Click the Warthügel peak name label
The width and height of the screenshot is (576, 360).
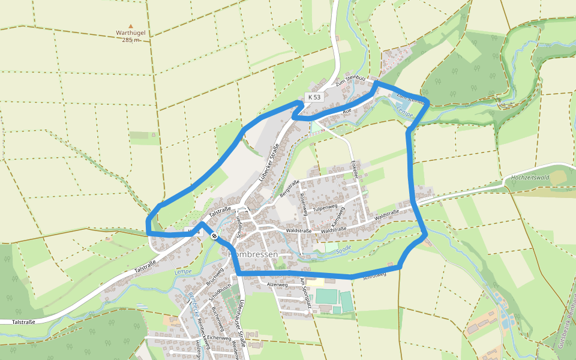pyautogui.click(x=131, y=32)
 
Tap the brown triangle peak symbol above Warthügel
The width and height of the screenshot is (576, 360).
pyautogui.click(x=131, y=25)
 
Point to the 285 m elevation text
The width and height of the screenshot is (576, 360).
pyautogui.click(x=131, y=40)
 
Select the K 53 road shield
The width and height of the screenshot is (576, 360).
pyautogui.click(x=314, y=97)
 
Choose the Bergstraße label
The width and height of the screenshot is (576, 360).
pyautogui.click(x=289, y=188)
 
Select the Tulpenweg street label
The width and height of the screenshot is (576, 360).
pyautogui.click(x=327, y=208)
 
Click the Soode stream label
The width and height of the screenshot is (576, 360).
pyautogui.click(x=343, y=249)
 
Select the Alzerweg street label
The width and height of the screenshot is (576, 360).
pyautogui.click(x=277, y=285)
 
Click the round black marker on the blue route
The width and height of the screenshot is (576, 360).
pyautogui.click(x=214, y=236)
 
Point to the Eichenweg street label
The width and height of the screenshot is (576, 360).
pyautogui.click(x=219, y=338)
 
